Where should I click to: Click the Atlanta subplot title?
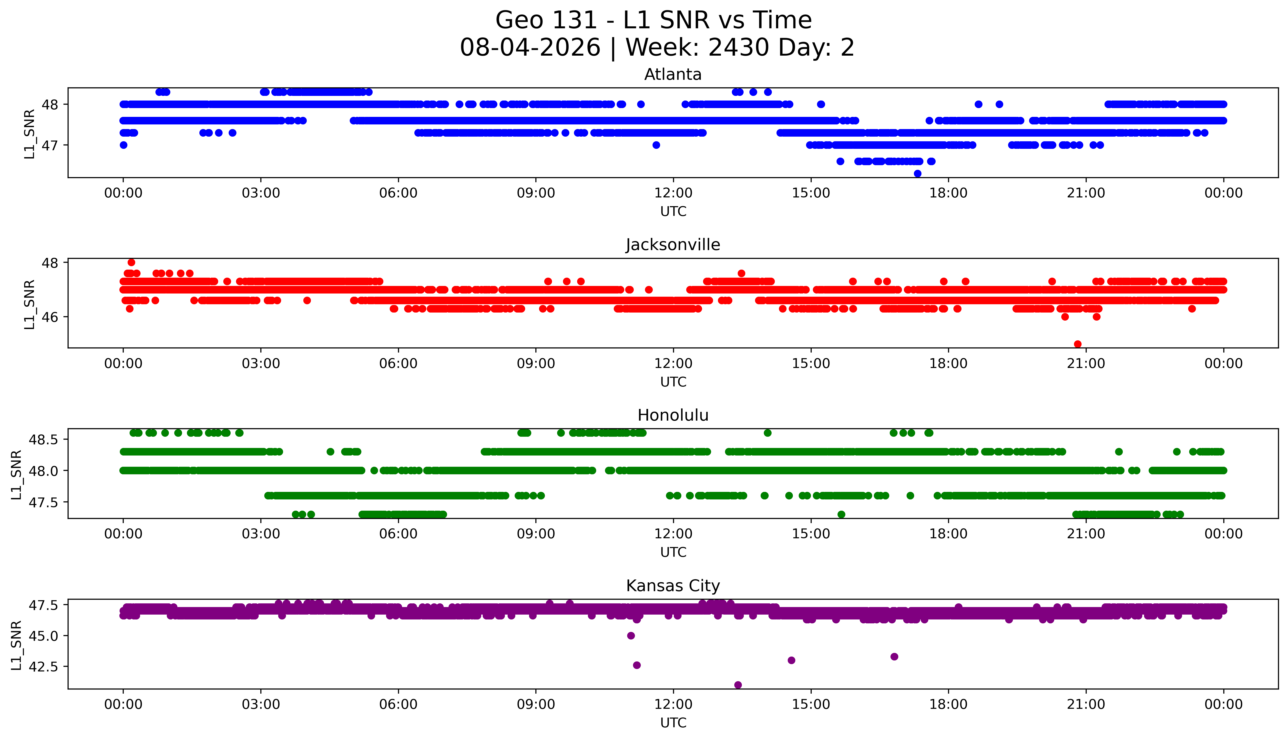click(673, 75)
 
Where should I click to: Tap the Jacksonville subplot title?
click(673, 245)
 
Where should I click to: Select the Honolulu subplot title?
click(673, 415)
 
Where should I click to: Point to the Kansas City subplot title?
click(673, 586)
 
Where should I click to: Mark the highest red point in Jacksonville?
click(131, 262)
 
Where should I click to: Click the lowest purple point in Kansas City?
click(738, 685)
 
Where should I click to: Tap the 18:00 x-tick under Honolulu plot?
click(949, 534)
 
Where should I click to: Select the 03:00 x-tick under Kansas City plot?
click(261, 704)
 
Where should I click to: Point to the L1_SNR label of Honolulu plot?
click(17, 474)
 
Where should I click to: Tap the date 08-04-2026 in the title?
click(530, 48)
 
